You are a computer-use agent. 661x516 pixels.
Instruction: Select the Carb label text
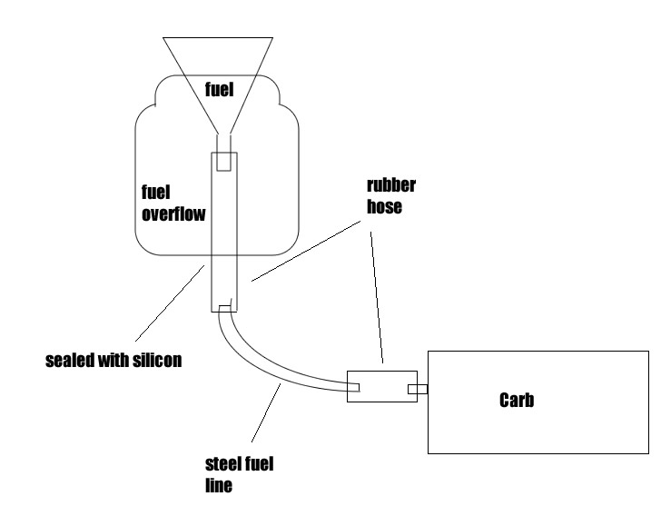point(516,400)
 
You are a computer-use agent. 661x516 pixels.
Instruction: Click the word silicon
point(158,360)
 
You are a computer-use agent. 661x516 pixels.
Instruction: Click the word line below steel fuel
point(220,485)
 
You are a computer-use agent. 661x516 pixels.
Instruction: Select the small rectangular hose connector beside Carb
point(381,387)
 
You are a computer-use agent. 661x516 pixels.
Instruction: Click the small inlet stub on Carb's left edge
point(419,390)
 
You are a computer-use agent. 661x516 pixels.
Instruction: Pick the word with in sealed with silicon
point(117,360)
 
